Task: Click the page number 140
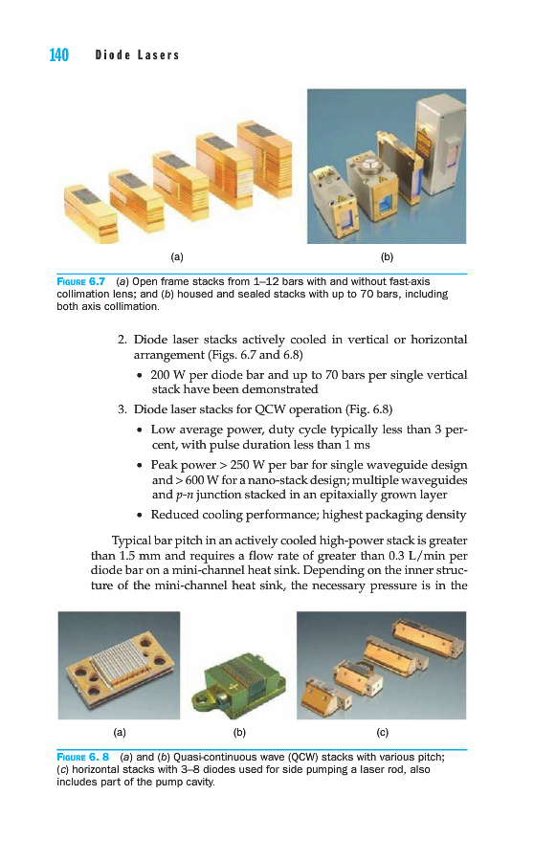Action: coord(58,55)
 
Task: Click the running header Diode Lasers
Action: coord(138,55)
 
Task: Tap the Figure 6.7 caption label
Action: coord(80,281)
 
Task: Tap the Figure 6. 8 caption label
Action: coord(83,758)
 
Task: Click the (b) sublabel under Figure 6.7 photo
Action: coord(387,257)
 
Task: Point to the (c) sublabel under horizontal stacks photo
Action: coord(383,733)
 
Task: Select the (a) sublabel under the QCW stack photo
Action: coord(120,733)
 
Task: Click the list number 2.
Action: coord(122,340)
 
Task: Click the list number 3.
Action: coord(122,409)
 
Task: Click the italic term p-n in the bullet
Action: coord(184,496)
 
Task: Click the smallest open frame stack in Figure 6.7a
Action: coord(91,213)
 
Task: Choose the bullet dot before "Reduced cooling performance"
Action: coord(140,516)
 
